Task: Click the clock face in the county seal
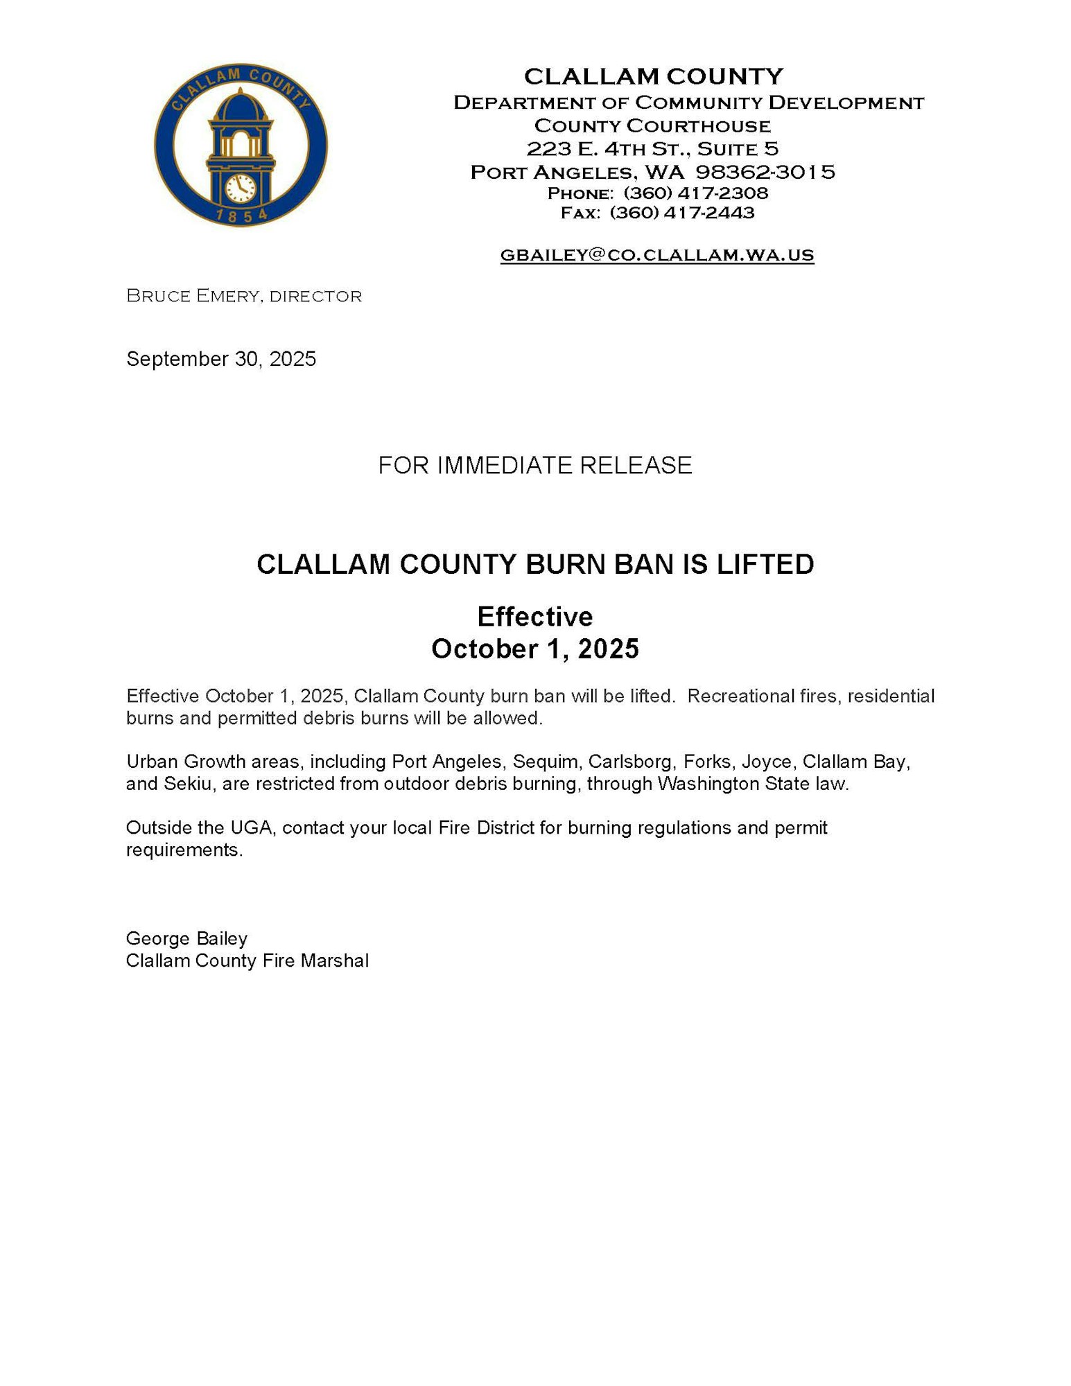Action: (241, 188)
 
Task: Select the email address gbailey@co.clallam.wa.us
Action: (656, 255)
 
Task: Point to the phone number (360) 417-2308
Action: (695, 193)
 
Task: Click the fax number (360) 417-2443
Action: (681, 213)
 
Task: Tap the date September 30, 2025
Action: (221, 359)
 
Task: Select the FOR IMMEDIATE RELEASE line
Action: (534, 465)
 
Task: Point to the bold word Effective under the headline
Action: (534, 616)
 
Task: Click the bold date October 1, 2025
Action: (534, 649)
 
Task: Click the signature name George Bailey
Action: (186, 938)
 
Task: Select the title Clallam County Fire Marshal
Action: (247, 960)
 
